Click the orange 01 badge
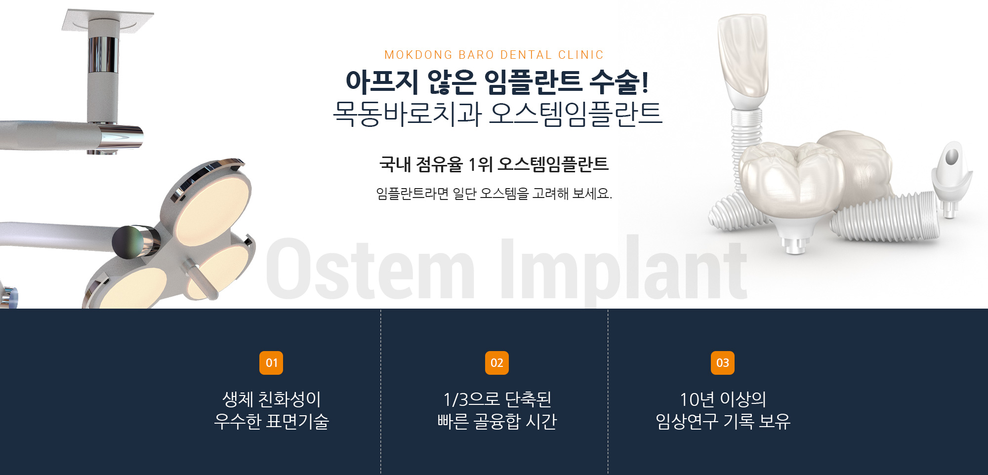click(271, 363)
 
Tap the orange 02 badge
click(496, 363)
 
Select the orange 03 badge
click(722, 363)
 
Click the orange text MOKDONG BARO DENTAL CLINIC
click(494, 55)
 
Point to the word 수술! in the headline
click(619, 82)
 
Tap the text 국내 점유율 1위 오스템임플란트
click(494, 164)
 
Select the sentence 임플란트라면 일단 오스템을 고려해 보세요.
click(494, 194)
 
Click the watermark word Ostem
click(370, 269)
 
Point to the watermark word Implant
click(624, 269)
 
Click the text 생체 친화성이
click(272, 399)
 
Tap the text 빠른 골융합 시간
click(497, 421)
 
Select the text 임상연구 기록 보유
click(723, 421)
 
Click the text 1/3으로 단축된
click(497, 399)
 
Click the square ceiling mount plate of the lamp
click(108, 20)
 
